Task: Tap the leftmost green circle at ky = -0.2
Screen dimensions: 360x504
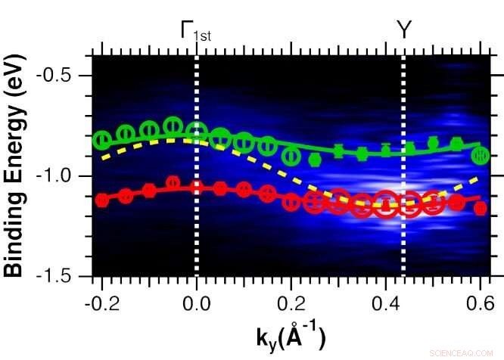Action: click(x=101, y=140)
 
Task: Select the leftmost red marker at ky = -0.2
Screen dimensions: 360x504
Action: click(x=101, y=200)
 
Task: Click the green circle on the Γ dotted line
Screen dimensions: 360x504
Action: click(x=197, y=130)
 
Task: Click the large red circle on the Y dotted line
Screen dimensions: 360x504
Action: click(x=409, y=204)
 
